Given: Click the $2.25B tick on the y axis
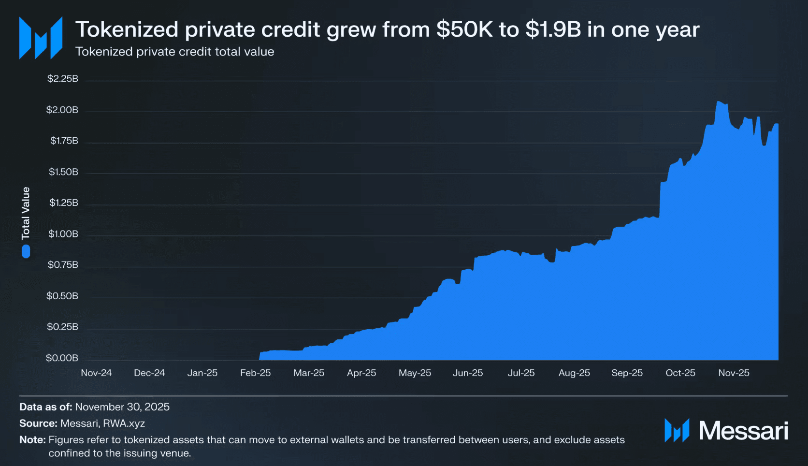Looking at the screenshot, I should [63, 79].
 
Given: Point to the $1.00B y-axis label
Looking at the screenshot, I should [63, 234].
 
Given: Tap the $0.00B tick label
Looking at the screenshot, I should [62, 358].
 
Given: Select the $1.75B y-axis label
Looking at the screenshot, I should [64, 141].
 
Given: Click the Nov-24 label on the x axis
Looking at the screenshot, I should [96, 373].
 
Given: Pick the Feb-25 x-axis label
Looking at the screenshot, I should [255, 373].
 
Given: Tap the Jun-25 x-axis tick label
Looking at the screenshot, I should [467, 373].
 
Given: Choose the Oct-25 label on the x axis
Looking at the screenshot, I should [680, 373].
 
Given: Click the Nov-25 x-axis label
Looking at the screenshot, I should [734, 373].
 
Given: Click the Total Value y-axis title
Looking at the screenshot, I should [26, 213].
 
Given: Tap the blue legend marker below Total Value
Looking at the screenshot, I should [26, 251].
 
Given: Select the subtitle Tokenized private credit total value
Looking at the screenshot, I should [174, 52].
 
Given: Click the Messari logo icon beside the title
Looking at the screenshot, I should [41, 38].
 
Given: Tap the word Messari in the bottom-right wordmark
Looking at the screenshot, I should [743, 431].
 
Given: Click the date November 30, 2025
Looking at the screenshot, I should [122, 407].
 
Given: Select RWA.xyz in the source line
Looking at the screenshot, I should [124, 423].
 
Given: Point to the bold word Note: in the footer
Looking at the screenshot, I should [32, 440].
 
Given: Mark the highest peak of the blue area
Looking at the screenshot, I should [719, 102].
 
